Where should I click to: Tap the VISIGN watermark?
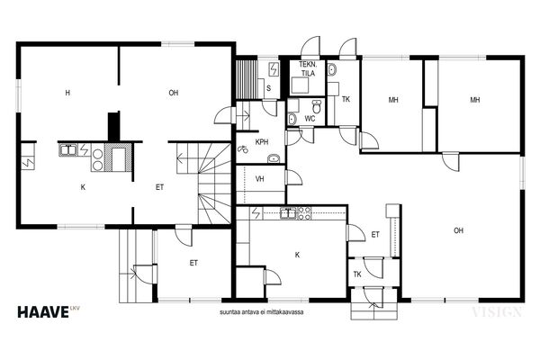pos(496,312)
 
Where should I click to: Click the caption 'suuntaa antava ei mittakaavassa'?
pos(261,312)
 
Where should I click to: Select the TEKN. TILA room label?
pos(308,68)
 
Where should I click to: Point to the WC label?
pos(310,119)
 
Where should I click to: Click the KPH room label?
pos(262,142)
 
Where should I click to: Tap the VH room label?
pos(260,179)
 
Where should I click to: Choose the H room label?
pos(67,93)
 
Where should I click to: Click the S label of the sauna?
pos(268,88)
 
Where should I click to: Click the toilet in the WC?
pos(317,106)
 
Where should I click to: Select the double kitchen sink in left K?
pos(67,150)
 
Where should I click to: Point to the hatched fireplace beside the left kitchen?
pos(118,157)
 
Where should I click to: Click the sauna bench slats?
pos(247,79)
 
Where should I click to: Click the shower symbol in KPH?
pos(243,149)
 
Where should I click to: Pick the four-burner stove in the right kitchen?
pos(304,213)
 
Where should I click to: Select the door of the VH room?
pos(293,177)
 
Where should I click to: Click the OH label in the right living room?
pos(458,230)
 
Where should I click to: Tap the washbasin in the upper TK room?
pos(332,70)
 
